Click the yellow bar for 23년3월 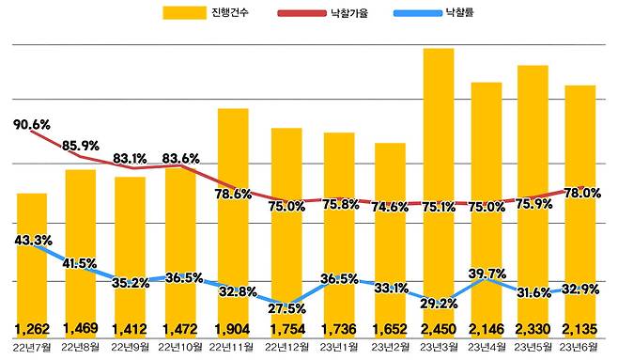tap(439, 188)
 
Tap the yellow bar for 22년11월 tap(233, 226)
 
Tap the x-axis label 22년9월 tap(131, 349)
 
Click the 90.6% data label tap(32, 124)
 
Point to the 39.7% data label tap(488, 273)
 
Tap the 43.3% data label tap(33, 241)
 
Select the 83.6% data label tap(181, 158)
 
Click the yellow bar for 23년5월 tap(533, 197)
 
